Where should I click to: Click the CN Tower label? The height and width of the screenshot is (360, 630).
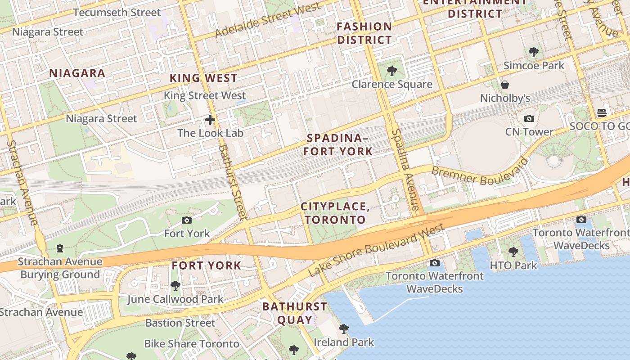click(529, 132)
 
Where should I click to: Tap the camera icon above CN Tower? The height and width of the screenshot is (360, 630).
click(529, 119)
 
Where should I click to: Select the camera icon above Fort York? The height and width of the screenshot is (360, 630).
click(187, 220)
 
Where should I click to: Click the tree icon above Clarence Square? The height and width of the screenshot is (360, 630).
click(391, 71)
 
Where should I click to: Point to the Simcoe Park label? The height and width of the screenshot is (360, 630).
click(534, 66)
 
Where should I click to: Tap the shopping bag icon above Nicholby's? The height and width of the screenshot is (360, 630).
click(505, 85)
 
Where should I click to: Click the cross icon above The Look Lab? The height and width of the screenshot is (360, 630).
click(210, 120)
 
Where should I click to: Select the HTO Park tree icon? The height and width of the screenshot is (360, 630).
click(513, 252)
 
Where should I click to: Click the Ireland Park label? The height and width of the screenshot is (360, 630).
click(344, 342)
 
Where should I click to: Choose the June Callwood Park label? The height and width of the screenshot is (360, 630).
click(175, 299)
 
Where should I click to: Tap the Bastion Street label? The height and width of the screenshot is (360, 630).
click(180, 323)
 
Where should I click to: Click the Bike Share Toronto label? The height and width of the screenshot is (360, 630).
click(191, 344)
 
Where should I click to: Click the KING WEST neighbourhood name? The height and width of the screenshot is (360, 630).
click(203, 78)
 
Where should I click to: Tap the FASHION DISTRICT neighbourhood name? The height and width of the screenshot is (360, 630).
click(364, 33)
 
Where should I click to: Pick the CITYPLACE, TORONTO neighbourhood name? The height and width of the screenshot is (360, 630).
click(335, 213)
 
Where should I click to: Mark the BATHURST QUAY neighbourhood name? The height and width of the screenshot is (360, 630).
click(295, 313)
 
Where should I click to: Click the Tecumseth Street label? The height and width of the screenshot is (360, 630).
click(117, 13)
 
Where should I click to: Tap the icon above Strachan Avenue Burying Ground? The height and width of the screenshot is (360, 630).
click(60, 248)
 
